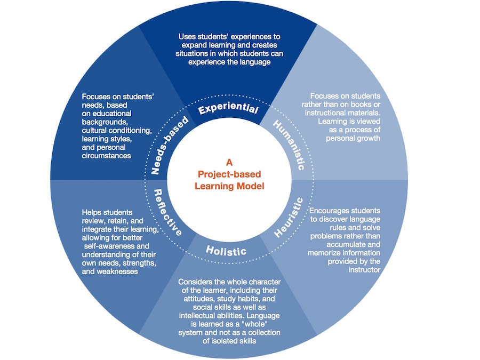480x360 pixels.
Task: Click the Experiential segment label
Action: point(228,109)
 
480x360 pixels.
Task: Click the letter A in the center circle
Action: point(229,162)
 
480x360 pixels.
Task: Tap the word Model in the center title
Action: point(250,186)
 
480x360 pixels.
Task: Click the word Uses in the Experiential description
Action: point(187,37)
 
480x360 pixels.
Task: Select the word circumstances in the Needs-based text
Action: point(107,156)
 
